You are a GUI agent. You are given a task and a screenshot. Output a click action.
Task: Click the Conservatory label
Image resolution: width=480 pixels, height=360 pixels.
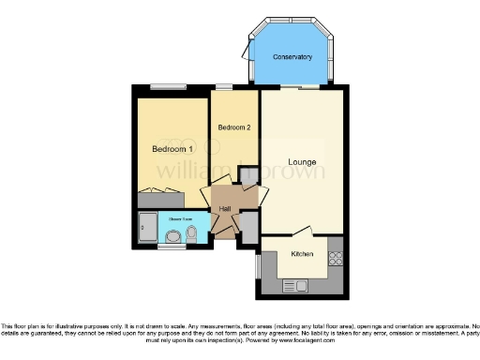[292, 58]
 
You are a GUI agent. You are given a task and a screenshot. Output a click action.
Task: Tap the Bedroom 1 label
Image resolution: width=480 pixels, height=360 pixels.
[172, 149]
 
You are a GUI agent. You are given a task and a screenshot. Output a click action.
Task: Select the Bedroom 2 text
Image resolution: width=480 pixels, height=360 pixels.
[233, 127]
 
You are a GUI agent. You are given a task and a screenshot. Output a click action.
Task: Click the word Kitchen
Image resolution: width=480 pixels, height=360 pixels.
[302, 254]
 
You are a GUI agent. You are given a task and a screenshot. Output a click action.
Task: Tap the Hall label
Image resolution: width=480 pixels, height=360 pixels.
[226, 208]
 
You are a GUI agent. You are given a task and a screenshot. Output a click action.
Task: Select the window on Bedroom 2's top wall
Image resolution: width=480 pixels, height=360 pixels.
[226, 86]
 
